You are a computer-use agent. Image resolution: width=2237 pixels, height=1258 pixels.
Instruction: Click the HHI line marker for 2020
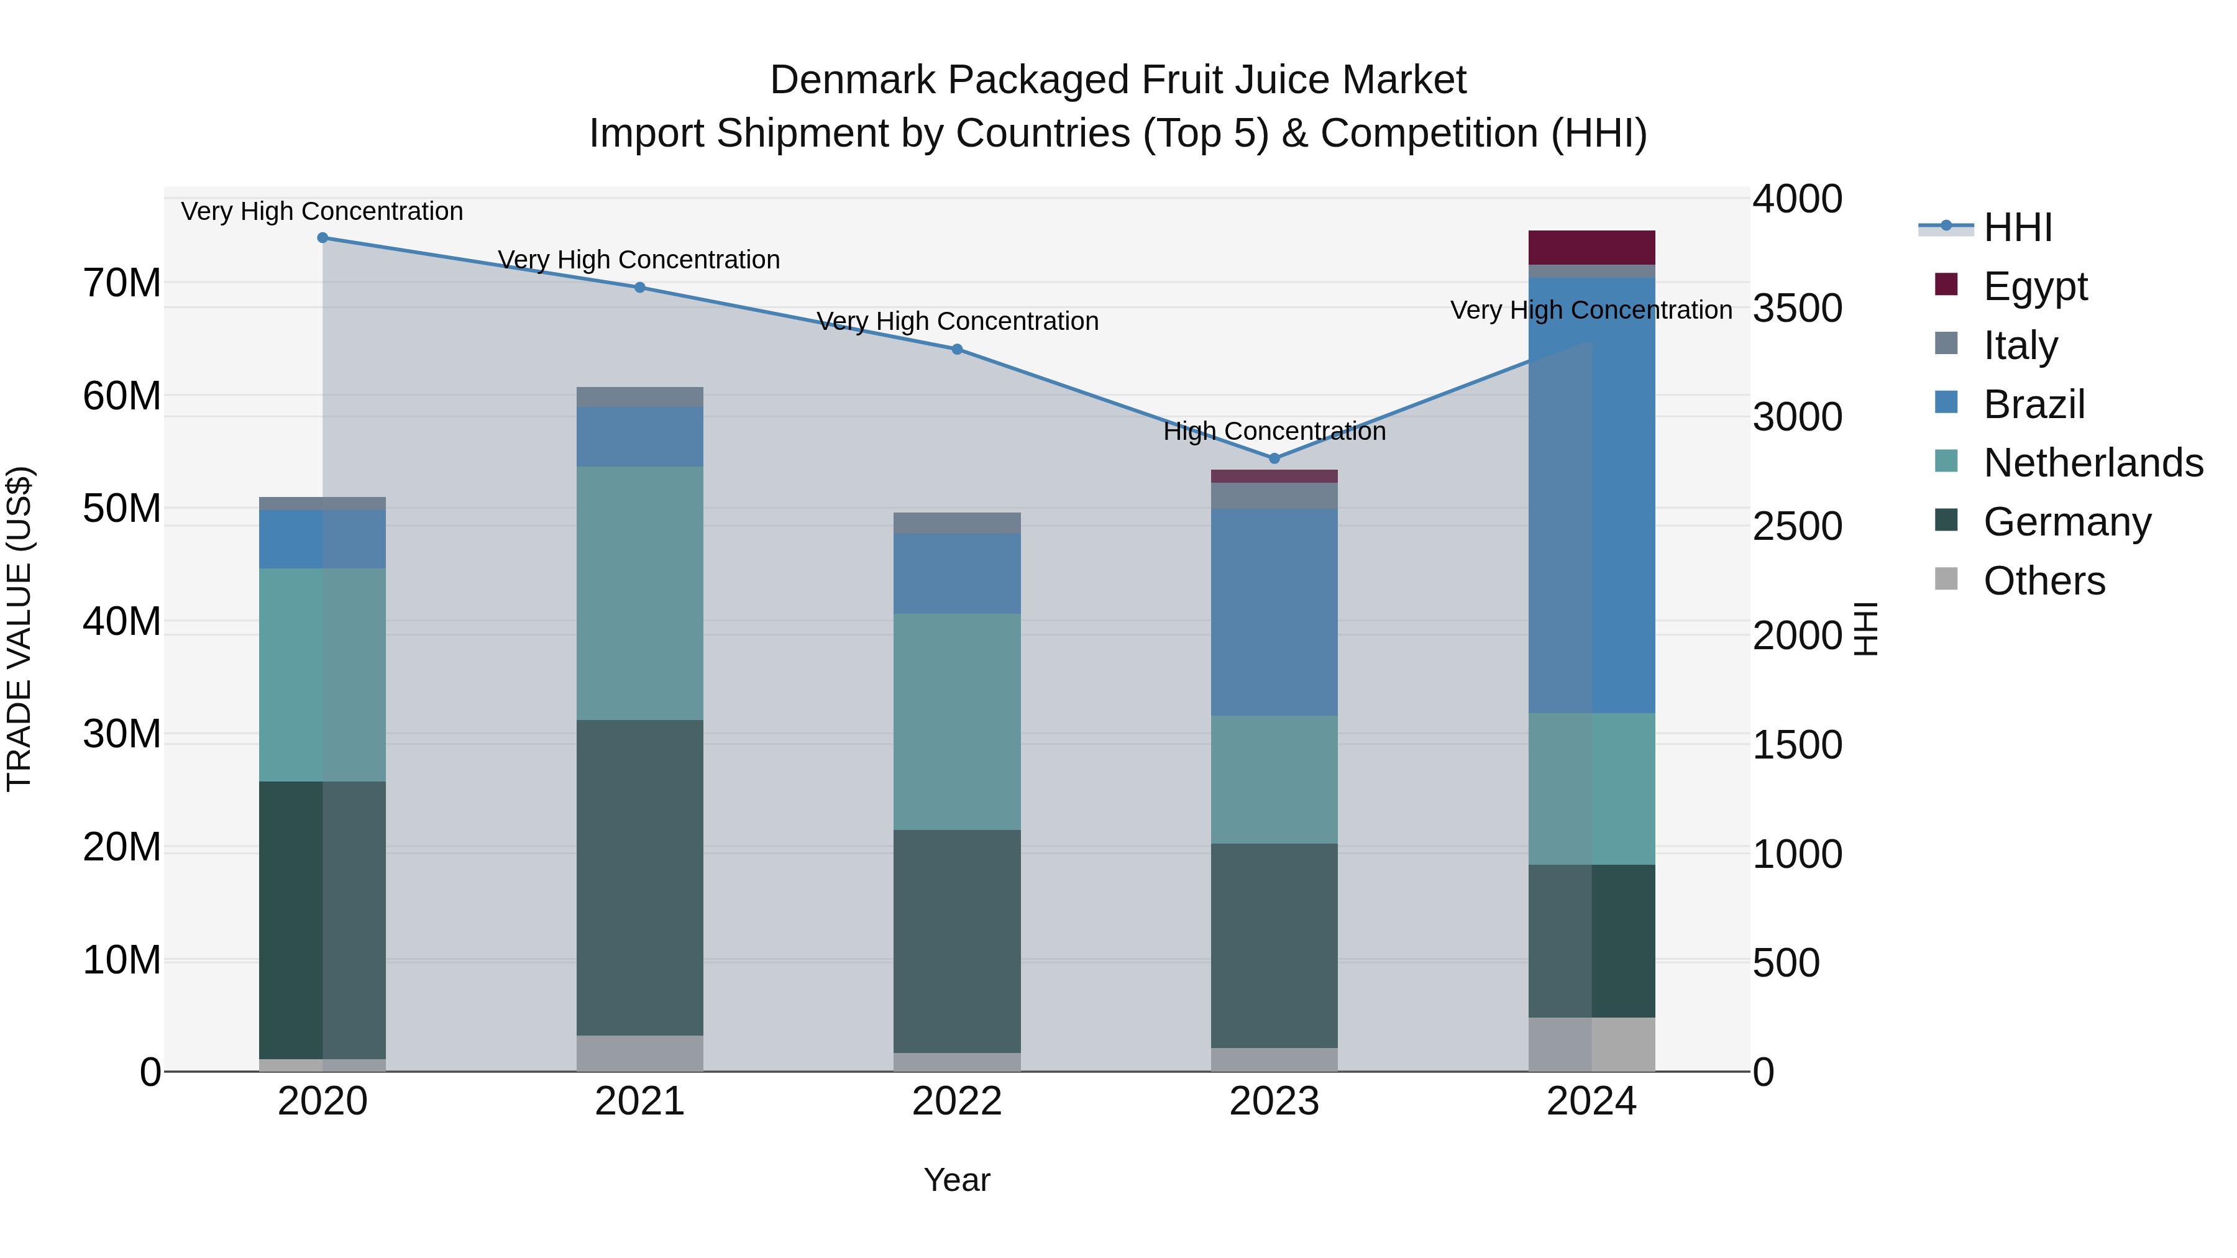(322, 237)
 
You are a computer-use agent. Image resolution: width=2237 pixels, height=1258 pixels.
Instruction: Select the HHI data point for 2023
(1274, 458)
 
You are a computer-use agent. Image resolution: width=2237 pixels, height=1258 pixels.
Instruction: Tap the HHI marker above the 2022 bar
(957, 349)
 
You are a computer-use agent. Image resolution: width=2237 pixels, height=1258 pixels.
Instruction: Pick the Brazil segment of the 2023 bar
(1274, 612)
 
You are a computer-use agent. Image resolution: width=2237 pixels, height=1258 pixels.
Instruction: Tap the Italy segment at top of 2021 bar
(639, 397)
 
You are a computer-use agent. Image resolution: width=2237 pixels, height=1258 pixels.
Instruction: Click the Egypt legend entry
(2034, 286)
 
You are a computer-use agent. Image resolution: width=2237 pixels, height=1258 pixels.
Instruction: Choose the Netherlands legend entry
(2093, 463)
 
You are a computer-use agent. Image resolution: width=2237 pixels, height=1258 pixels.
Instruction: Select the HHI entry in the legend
(2017, 227)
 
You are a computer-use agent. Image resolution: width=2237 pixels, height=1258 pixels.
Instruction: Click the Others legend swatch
(1946, 579)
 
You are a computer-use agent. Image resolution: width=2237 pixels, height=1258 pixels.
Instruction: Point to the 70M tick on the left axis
(122, 283)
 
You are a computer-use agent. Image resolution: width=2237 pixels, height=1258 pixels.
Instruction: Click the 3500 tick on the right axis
(1796, 308)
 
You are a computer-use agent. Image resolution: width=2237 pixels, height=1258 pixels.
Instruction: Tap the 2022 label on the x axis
(957, 1101)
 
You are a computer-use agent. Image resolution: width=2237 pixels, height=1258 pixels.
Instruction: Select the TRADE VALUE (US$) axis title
(19, 629)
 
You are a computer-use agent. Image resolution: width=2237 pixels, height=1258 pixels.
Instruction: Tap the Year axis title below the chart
(957, 1180)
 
